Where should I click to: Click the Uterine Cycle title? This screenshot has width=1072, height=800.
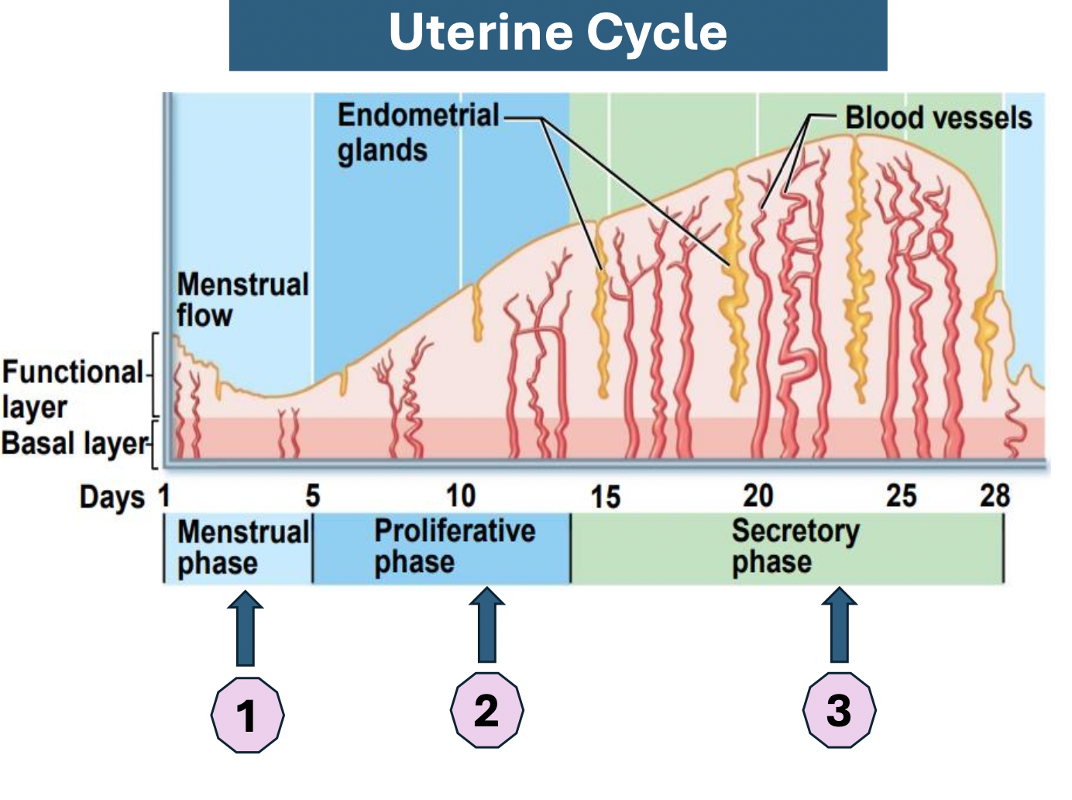click(558, 33)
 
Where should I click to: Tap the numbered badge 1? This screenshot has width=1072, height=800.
click(247, 714)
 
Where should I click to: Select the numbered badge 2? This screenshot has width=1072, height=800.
click(486, 710)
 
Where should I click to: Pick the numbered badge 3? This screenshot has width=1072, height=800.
click(839, 710)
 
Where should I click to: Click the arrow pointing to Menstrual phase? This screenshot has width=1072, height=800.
click(246, 629)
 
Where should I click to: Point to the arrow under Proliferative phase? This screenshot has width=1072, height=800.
click(486, 625)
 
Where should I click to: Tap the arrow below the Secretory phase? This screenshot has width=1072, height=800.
click(839, 625)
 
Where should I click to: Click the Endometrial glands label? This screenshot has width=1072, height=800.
click(417, 133)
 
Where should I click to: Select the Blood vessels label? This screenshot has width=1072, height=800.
click(938, 118)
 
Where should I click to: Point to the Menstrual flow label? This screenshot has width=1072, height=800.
click(242, 300)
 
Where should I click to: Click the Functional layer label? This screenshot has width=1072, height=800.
click(72, 389)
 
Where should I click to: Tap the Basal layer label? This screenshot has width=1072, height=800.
click(74, 443)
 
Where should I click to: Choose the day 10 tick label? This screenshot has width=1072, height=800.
click(461, 496)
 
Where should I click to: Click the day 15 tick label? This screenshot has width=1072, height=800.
click(605, 497)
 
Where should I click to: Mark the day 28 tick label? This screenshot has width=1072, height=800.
click(995, 496)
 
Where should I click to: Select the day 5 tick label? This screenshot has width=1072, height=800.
click(312, 496)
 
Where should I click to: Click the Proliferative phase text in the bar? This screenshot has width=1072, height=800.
click(455, 547)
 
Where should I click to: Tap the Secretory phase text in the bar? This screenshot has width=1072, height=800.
click(795, 547)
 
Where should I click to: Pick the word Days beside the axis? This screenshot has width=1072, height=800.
click(112, 498)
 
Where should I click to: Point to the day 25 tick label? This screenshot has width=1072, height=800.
click(902, 496)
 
